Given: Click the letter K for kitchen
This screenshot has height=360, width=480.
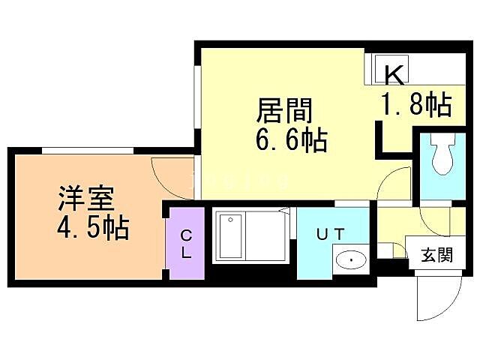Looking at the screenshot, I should tap(394, 74).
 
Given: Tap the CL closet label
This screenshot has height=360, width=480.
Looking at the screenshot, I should tap(185, 243).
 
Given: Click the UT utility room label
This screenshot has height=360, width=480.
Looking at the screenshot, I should tap(331, 234).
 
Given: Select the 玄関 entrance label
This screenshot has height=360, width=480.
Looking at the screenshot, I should tap(435, 255).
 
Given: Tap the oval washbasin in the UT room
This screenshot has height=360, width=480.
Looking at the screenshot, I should tap(349, 260).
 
